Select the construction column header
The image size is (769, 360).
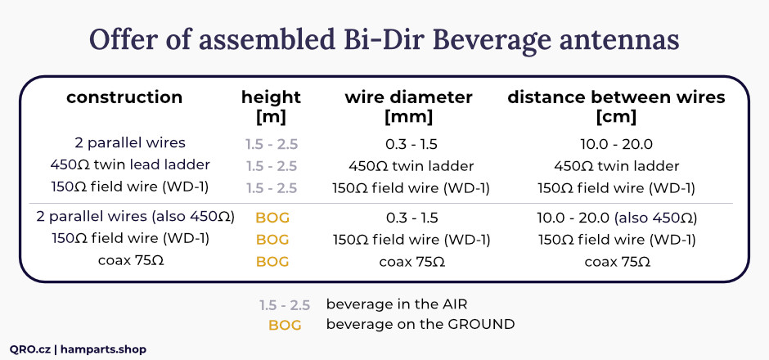124,97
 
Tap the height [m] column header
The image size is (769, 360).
271,107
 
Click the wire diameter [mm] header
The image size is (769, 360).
408,107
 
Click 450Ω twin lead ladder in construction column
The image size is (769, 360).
130,164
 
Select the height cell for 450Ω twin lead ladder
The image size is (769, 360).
272,166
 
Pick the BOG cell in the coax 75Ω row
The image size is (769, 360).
272,262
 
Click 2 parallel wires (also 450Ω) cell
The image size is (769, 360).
135,216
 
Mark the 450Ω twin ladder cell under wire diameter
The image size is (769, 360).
411,166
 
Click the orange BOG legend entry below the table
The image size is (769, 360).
285,325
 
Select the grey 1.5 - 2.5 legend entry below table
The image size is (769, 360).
285,305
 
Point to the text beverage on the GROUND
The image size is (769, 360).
420,324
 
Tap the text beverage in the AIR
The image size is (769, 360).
397,304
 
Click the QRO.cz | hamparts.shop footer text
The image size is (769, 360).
78,349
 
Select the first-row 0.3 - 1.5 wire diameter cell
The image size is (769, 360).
411,145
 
